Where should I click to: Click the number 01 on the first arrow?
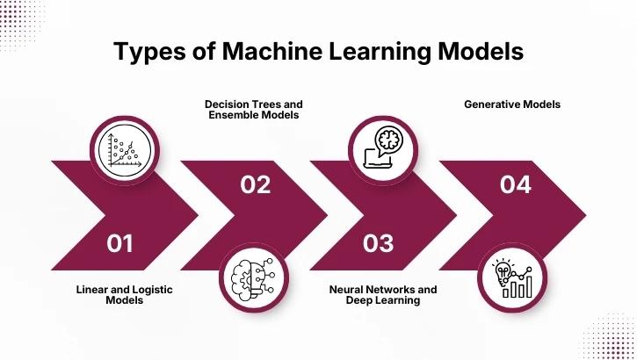[x=119, y=241]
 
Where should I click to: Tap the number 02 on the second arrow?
[x=255, y=184]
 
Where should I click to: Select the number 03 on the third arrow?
[x=378, y=241]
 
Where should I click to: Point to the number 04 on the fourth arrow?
[x=515, y=184]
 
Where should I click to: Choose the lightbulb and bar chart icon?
[x=513, y=278]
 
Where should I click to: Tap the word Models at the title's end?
[x=485, y=52]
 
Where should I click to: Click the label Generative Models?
[x=512, y=104]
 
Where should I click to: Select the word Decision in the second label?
[x=228, y=104]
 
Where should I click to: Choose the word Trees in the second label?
[x=269, y=104]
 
